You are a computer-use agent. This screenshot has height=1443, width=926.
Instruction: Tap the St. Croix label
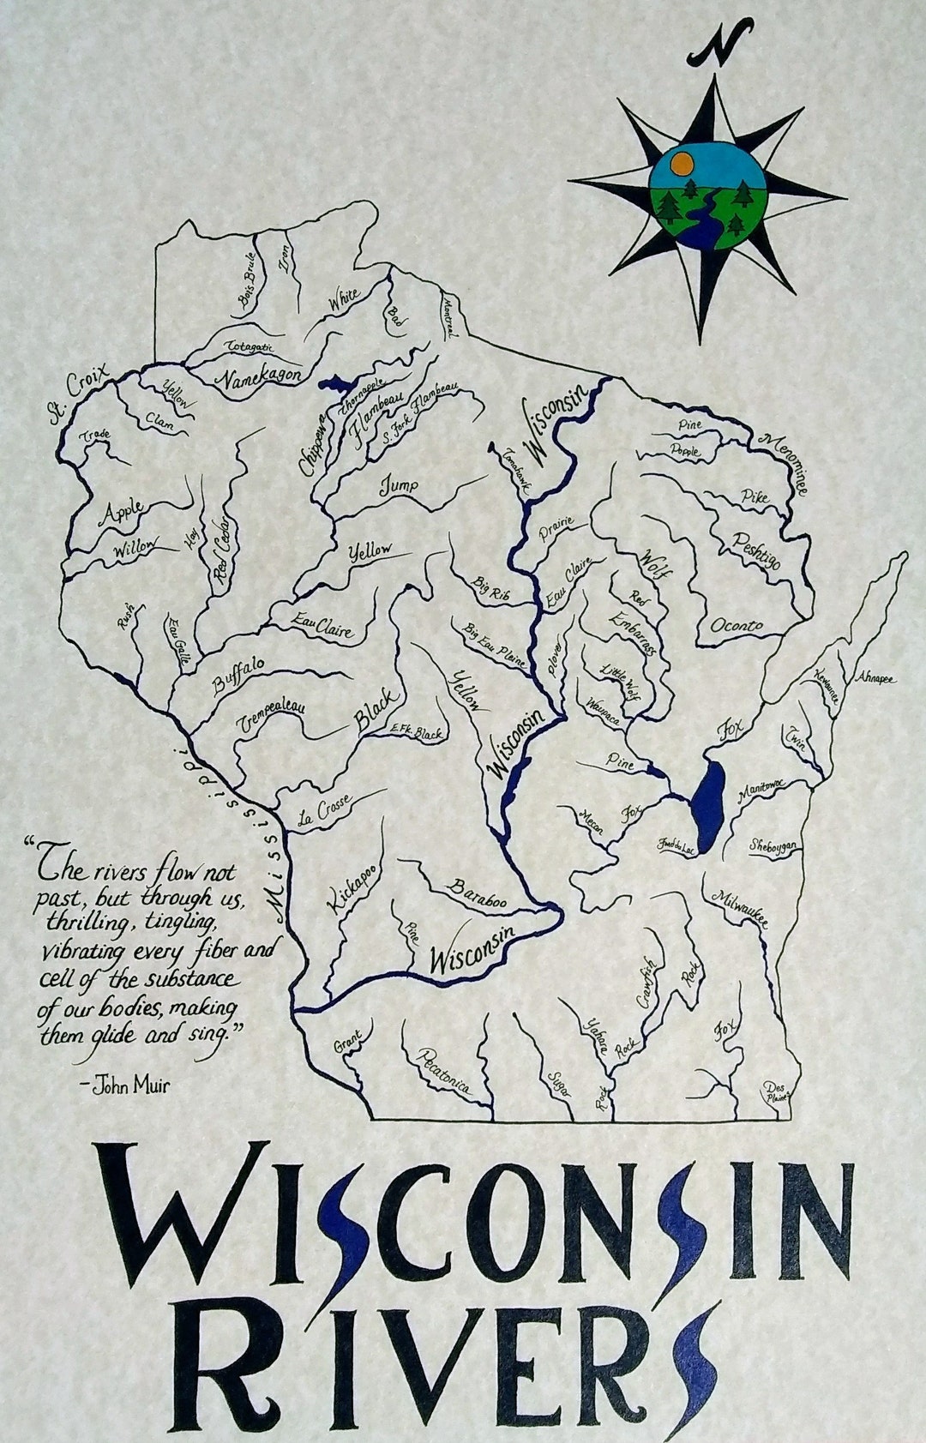click(79, 394)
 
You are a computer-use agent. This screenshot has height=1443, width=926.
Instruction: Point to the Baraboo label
click(477, 893)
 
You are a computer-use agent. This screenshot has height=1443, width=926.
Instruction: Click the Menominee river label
click(781, 464)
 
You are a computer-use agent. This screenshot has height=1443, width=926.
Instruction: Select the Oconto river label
click(736, 626)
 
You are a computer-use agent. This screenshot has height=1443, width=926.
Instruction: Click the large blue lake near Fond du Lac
click(708, 801)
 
